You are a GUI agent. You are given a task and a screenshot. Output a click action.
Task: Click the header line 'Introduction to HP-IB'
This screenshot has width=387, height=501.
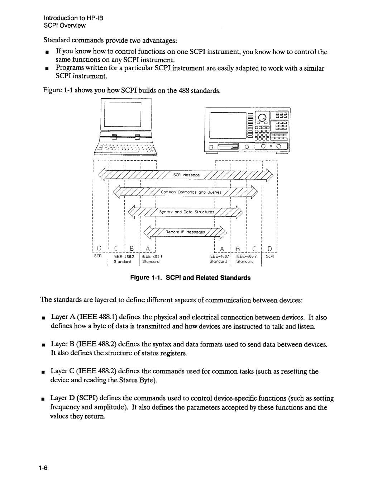[x=73, y=18]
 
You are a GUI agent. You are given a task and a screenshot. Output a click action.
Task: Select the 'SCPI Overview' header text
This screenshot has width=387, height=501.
[x=65, y=25]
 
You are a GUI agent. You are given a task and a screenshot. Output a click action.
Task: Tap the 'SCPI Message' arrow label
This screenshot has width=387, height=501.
[x=183, y=175]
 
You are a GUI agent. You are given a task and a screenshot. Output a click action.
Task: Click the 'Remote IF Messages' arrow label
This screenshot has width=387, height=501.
[x=185, y=232]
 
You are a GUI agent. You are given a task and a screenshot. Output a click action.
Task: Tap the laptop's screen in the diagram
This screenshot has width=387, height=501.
[x=123, y=114]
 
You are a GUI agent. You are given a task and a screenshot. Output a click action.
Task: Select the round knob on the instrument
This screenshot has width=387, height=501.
[x=263, y=118]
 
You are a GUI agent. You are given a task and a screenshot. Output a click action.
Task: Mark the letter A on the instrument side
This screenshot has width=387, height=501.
[x=222, y=249]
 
